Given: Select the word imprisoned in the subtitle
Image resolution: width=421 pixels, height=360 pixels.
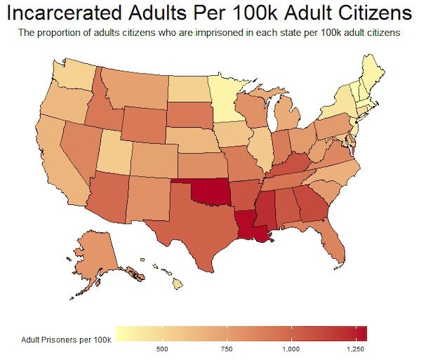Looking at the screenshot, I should coord(202,33).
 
